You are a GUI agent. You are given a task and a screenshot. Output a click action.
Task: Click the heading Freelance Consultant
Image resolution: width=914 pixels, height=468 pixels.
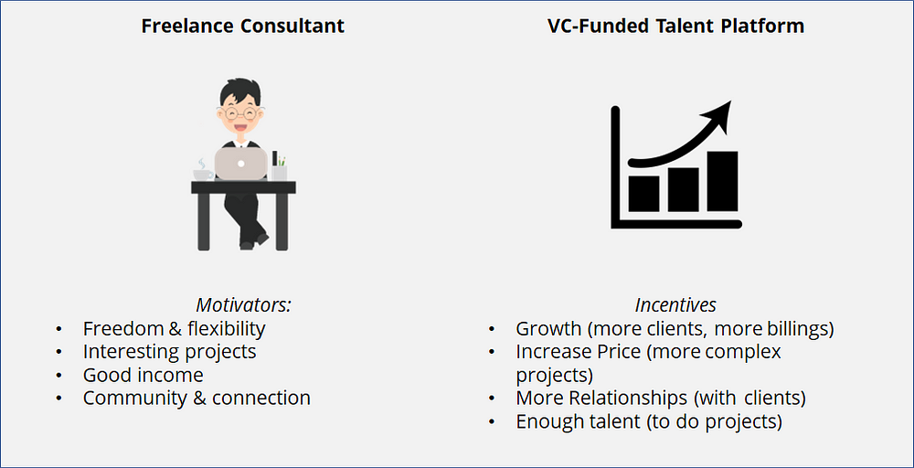click(x=242, y=26)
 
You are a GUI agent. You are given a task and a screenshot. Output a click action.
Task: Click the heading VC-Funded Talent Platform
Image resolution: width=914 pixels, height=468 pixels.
click(x=675, y=26)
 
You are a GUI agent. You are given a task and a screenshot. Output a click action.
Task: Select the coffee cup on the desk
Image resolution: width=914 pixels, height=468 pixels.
click(x=203, y=172)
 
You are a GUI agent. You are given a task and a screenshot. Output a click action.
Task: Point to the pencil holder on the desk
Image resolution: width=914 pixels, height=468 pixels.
click(x=279, y=170)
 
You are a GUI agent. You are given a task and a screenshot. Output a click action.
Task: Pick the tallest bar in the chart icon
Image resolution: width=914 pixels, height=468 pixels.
click(x=722, y=181)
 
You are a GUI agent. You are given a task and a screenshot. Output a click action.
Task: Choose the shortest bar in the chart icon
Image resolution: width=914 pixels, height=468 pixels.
click(x=643, y=192)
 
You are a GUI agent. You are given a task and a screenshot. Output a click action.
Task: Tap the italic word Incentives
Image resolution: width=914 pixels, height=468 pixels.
click(x=675, y=305)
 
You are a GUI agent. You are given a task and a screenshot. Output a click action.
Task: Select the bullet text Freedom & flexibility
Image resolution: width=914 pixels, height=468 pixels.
click(x=174, y=328)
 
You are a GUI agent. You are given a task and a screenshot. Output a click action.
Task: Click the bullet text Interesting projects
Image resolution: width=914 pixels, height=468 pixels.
click(x=169, y=352)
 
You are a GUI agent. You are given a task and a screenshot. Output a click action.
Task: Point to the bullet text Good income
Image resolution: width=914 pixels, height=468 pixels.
click(x=143, y=375)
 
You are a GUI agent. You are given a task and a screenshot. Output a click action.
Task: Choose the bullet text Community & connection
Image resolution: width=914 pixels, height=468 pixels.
click(x=197, y=399)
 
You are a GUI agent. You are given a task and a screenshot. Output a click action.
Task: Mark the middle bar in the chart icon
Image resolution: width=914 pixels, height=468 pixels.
click(x=683, y=188)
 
